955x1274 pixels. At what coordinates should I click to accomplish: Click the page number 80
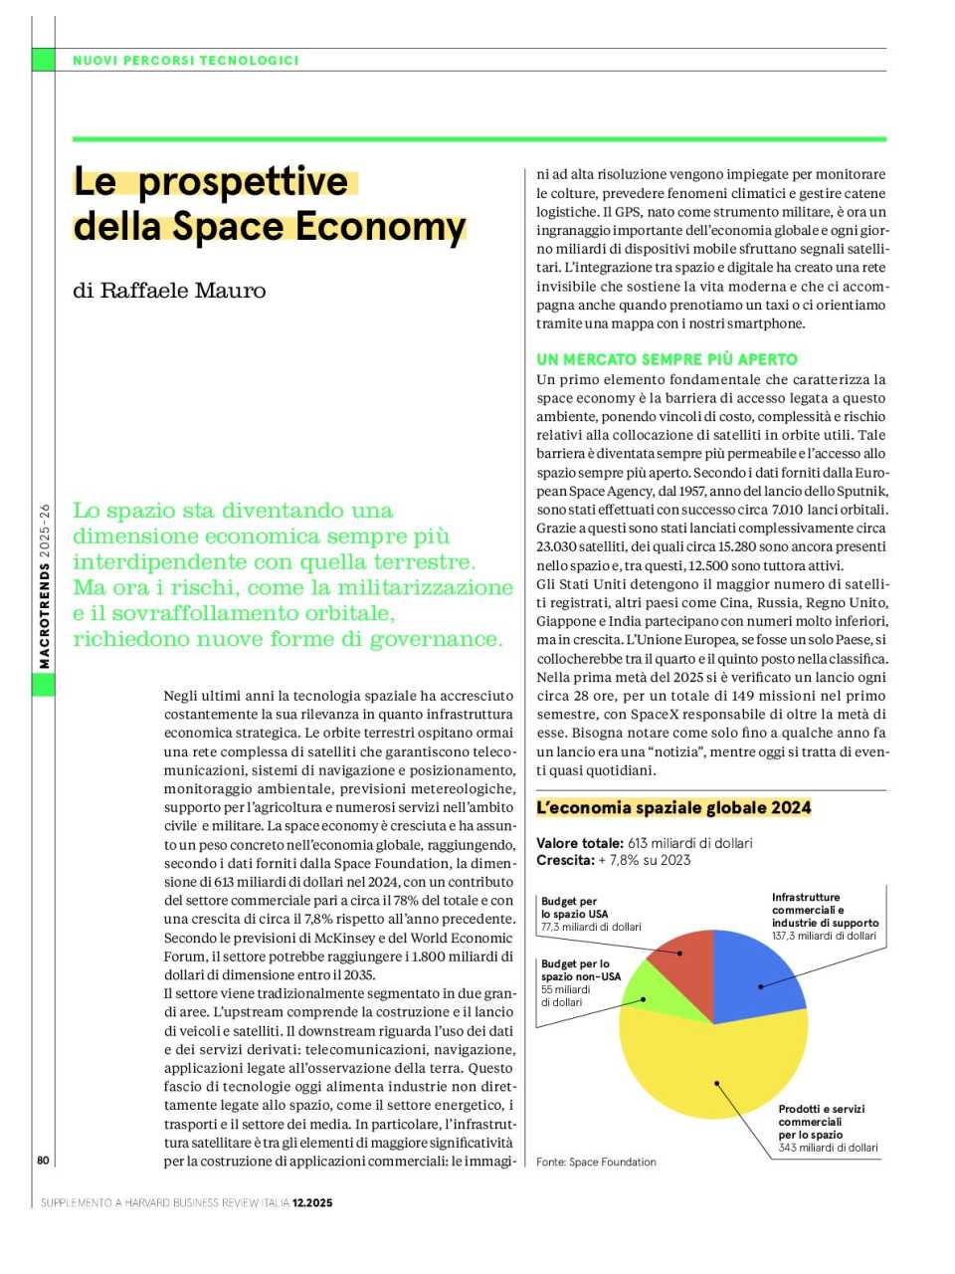tap(43, 1160)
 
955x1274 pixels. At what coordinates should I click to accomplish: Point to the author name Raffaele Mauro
tap(169, 291)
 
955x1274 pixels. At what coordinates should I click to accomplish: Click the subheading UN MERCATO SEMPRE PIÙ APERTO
tap(667, 359)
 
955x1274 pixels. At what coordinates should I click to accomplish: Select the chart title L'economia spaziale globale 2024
tap(673, 807)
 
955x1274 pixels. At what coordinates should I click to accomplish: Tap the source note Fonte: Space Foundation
tap(596, 1162)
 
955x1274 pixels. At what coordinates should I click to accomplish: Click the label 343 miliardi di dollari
tap(828, 1148)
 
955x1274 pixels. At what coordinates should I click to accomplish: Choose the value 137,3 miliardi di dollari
tap(824, 936)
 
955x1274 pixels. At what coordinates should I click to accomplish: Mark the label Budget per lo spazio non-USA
tap(580, 970)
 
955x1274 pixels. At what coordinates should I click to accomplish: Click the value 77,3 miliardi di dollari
tap(591, 927)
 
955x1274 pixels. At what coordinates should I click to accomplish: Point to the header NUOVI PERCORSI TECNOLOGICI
tap(186, 61)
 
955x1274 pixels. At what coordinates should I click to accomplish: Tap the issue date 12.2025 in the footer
tap(312, 1202)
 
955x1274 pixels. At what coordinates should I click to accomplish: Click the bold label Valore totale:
tap(580, 843)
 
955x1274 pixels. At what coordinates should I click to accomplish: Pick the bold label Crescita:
tap(565, 860)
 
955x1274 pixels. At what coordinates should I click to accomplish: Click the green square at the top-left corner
tap(43, 60)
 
